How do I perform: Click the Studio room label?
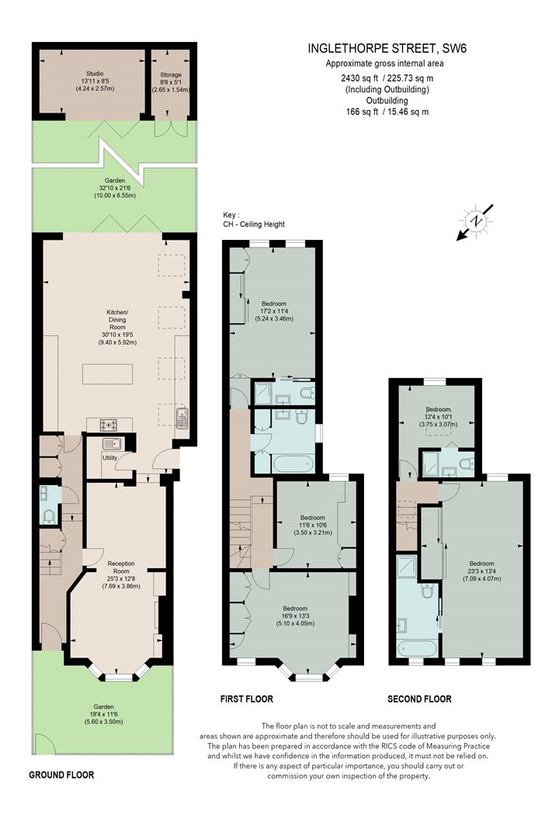pos(95,81)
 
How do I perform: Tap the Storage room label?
pos(171,82)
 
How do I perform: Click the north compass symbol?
pos(475,221)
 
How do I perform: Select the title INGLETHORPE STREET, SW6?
pos(387,49)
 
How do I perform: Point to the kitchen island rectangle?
pos(107,374)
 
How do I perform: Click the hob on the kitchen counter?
pos(109,425)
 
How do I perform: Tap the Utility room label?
pos(109,458)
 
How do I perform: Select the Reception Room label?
pos(121,575)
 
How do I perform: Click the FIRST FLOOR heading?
pos(246,699)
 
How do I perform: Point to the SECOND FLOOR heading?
pos(420,699)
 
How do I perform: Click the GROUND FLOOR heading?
pos(61,775)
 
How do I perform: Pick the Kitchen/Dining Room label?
pos(117,328)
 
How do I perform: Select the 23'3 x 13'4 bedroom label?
pos(481,571)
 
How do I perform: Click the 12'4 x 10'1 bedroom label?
pos(439,417)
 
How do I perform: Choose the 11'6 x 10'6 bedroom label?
pos(313,525)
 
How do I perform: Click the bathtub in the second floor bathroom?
pos(418,649)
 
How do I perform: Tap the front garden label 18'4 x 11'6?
pos(104,715)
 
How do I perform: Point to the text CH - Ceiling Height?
pos(254,224)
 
